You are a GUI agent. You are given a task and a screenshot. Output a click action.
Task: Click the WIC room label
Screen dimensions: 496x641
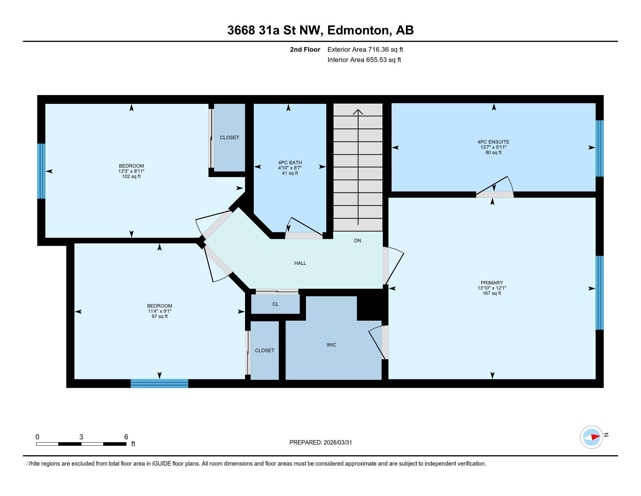tap(331, 345)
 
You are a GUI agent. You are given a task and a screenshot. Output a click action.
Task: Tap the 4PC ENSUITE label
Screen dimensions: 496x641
tap(493, 142)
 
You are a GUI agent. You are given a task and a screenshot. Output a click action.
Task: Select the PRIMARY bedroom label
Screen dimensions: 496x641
tap(492, 283)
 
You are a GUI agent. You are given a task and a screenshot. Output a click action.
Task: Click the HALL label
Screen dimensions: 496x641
tap(300, 263)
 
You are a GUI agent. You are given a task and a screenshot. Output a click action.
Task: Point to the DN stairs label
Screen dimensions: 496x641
tap(357, 241)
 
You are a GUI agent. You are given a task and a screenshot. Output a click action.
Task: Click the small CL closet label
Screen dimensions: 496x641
tap(275, 304)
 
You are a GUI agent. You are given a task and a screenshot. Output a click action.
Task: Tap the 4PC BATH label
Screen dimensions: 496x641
tap(290, 163)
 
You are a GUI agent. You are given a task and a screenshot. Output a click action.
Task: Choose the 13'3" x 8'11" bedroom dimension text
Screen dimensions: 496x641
tap(131, 171)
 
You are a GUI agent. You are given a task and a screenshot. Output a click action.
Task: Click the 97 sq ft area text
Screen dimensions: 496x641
tap(159, 317)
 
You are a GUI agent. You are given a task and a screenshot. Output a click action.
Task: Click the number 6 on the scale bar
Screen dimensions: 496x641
tap(126, 437)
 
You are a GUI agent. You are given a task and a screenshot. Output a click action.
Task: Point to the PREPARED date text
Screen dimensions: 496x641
tap(320, 443)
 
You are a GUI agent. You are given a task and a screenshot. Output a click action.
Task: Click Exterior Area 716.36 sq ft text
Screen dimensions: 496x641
tap(365, 50)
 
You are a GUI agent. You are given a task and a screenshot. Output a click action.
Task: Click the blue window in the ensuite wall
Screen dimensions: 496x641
tap(599, 148)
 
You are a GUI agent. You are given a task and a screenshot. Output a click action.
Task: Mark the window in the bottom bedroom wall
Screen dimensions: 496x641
tap(159, 383)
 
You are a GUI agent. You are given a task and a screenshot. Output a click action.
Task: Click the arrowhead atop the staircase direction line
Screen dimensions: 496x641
tap(358, 112)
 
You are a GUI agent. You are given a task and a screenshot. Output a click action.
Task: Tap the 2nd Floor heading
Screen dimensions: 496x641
tap(305, 50)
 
